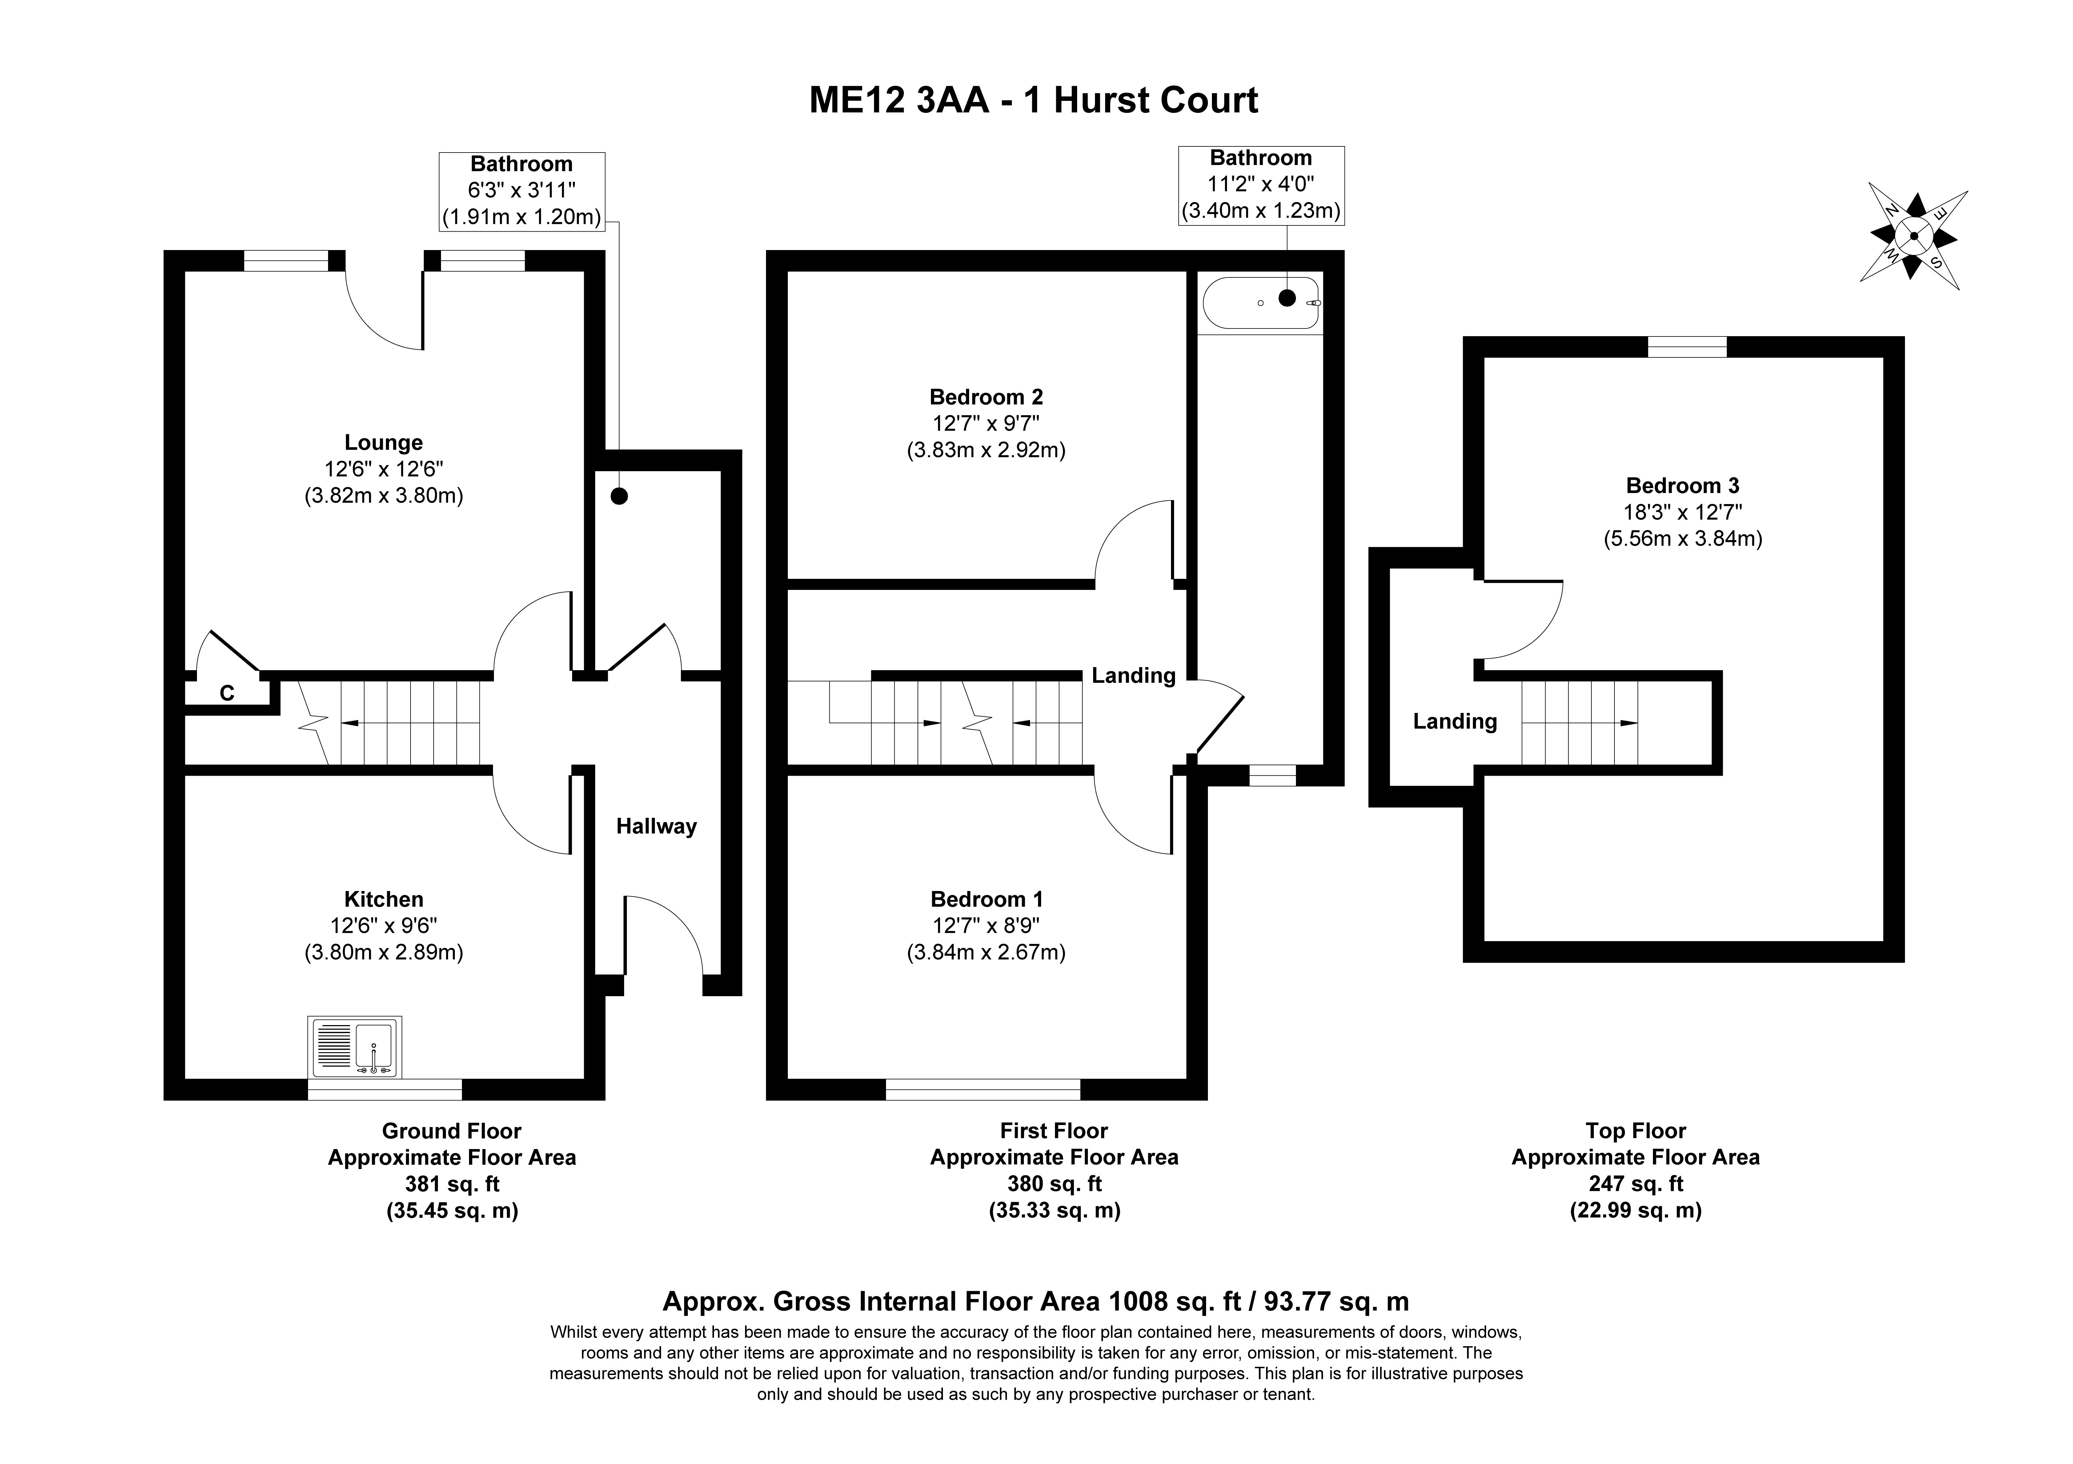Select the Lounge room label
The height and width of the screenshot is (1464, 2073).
(x=384, y=442)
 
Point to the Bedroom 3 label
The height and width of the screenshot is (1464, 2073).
(x=1683, y=486)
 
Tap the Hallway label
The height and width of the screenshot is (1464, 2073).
(x=656, y=827)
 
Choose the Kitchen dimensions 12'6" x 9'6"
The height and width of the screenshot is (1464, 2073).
(x=384, y=925)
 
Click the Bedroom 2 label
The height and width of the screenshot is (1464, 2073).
(x=986, y=396)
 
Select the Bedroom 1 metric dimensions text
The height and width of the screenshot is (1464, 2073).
(x=986, y=952)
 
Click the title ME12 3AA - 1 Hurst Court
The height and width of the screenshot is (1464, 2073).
(x=1034, y=100)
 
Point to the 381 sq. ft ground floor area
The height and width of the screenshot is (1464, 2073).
(x=451, y=1183)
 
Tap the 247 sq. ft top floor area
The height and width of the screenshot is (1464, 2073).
(x=1636, y=1183)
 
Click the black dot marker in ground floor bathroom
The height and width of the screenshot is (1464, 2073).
(x=619, y=495)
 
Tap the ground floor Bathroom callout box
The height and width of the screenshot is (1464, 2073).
(x=522, y=190)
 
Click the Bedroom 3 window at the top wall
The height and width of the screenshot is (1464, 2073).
(x=1687, y=347)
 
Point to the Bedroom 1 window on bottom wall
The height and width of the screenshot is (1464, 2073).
(x=983, y=1089)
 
